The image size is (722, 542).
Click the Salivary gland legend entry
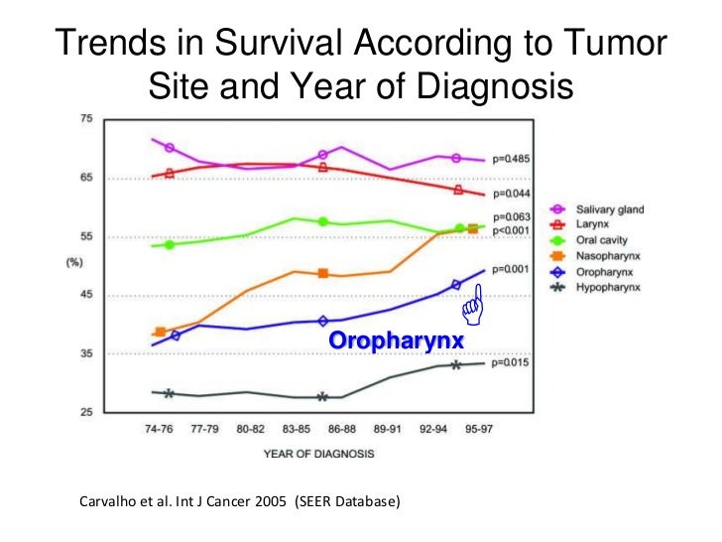pos(610,209)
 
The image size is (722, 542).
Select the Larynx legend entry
pos(593,225)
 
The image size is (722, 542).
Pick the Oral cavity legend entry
pos(601,240)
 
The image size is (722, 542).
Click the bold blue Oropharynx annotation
pos(396,341)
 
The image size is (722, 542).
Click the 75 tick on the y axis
pos(85,119)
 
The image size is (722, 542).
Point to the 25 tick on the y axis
pos(85,412)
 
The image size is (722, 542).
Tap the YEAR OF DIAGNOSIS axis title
pos(319,455)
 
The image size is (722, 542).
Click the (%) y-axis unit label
pos(87,263)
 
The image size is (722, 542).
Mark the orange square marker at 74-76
pos(161,332)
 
